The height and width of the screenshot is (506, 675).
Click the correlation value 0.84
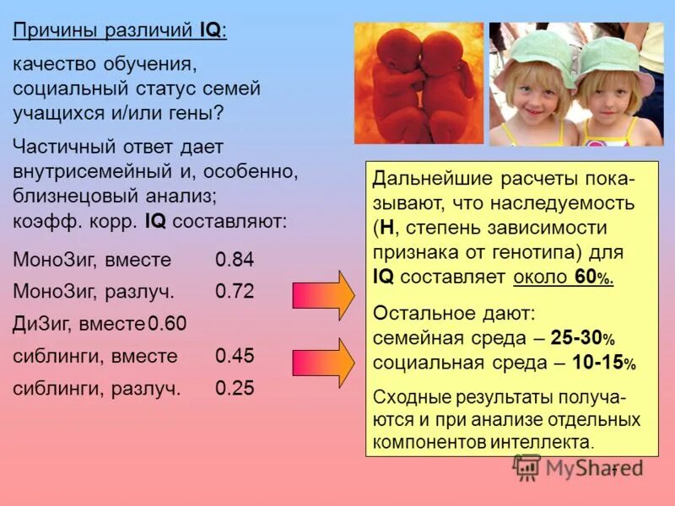[235, 260]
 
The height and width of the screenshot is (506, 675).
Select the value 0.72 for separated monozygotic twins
[235, 292]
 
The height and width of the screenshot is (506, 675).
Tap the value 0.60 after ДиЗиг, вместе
[167, 324]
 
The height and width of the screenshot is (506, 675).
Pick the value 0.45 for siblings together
[235, 356]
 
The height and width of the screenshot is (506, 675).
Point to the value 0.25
[235, 389]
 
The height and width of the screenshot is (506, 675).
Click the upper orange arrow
[324, 293]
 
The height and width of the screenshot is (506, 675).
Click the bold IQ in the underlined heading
[210, 31]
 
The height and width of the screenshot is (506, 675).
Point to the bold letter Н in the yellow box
[386, 228]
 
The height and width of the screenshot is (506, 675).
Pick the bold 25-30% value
[583, 338]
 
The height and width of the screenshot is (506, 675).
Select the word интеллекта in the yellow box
[546, 441]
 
